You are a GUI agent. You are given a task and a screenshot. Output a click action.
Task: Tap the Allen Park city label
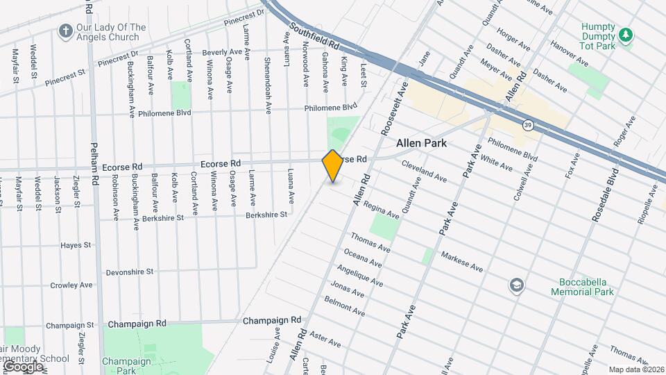tap(421, 144)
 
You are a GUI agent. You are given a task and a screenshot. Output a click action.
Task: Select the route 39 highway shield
tap(529, 125)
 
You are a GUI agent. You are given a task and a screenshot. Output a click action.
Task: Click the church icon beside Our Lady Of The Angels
tap(66, 31)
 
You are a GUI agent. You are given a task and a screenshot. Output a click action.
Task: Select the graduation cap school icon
tap(516, 285)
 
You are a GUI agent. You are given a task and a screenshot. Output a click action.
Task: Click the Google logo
tap(22, 366)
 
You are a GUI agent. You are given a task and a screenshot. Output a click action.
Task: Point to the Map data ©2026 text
tap(636, 369)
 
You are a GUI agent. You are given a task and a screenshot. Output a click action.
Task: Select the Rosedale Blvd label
tap(604, 194)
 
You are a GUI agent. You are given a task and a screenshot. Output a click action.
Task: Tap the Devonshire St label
tap(130, 272)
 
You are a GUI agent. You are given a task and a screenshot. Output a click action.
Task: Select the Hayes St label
tap(76, 245)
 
